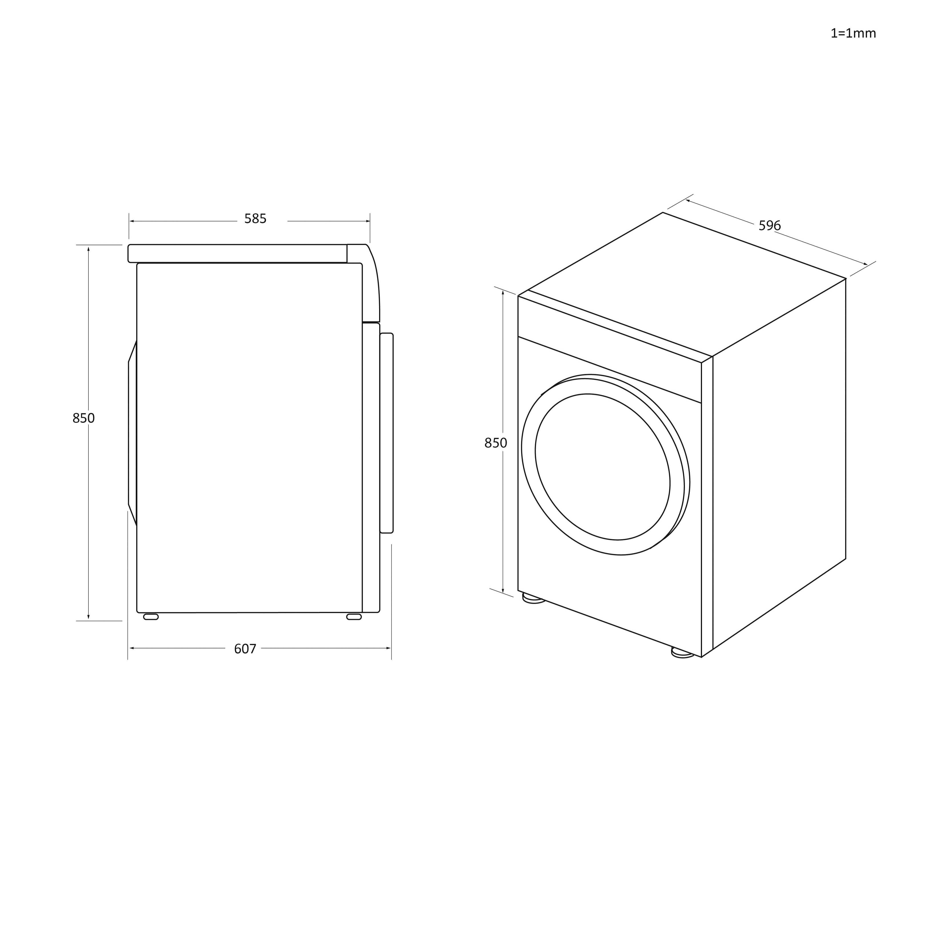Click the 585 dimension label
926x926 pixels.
click(x=255, y=219)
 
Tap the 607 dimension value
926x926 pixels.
click(x=245, y=649)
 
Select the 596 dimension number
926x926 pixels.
click(x=769, y=226)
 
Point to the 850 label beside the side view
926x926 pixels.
click(x=83, y=418)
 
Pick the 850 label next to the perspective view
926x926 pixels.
click(x=496, y=443)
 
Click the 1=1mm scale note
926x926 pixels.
click(x=853, y=34)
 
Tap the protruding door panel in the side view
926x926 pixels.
click(x=386, y=433)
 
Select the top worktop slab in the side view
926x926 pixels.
click(x=237, y=254)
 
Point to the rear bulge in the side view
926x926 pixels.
click(x=132, y=433)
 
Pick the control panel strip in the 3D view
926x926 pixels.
click(x=610, y=350)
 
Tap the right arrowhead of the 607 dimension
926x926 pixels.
click(x=389, y=648)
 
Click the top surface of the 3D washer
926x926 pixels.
click(x=685, y=283)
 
